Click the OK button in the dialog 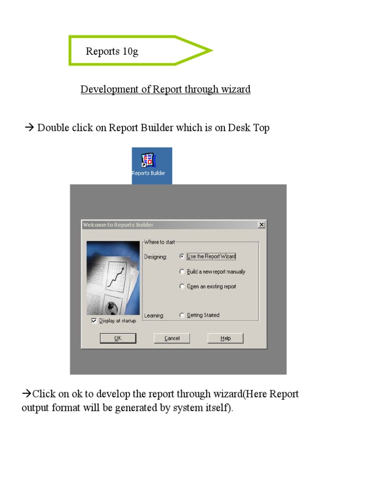[118, 338]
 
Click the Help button [225, 338]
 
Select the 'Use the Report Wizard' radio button [182, 256]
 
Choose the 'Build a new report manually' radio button [182, 272]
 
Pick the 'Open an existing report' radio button [182, 286]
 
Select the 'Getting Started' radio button [182, 315]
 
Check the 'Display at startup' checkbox [94, 321]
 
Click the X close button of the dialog [262, 225]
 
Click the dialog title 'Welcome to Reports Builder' [118, 225]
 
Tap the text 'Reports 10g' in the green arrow [112, 51]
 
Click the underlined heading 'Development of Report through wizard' [165, 89]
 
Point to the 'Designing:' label [155, 257]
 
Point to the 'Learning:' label [154, 315]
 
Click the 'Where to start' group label [159, 242]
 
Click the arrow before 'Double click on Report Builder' [29, 127]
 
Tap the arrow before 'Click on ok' [27, 394]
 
